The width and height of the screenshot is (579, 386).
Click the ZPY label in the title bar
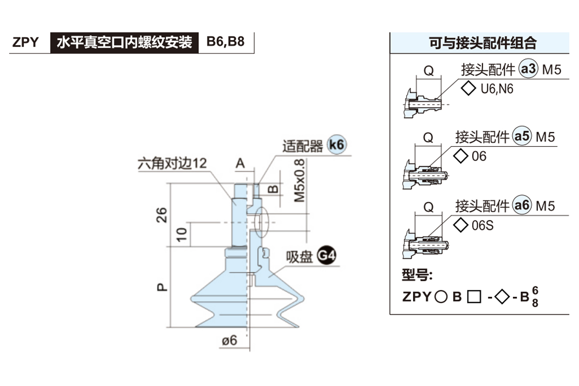26,42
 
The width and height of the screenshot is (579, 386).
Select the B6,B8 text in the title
225,41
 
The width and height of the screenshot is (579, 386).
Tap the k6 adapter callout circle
337,144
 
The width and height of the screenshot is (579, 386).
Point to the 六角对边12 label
172,163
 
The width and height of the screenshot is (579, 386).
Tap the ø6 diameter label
230,340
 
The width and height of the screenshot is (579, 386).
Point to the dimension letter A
240,164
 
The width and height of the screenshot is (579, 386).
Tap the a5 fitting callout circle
522,137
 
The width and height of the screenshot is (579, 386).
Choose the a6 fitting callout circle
522,206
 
